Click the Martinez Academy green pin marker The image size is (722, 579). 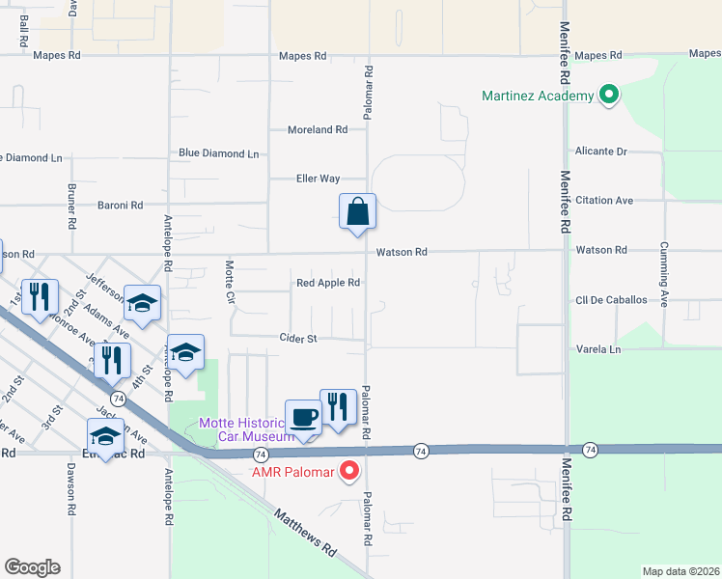[x=608, y=96]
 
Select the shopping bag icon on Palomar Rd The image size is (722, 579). [x=357, y=211]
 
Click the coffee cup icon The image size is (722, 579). [x=304, y=417]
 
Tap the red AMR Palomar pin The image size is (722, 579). [x=349, y=472]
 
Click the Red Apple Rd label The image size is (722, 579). [x=328, y=283]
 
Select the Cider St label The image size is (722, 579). [x=298, y=339]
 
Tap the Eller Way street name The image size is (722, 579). [x=318, y=179]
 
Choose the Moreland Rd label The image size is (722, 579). [x=318, y=129]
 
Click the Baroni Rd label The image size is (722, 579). [x=120, y=205]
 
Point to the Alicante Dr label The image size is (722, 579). [x=600, y=152]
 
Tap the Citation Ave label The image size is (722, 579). [x=603, y=200]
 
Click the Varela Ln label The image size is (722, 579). [x=597, y=348]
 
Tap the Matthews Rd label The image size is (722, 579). [x=305, y=532]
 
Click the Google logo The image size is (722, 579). [x=32, y=567]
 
